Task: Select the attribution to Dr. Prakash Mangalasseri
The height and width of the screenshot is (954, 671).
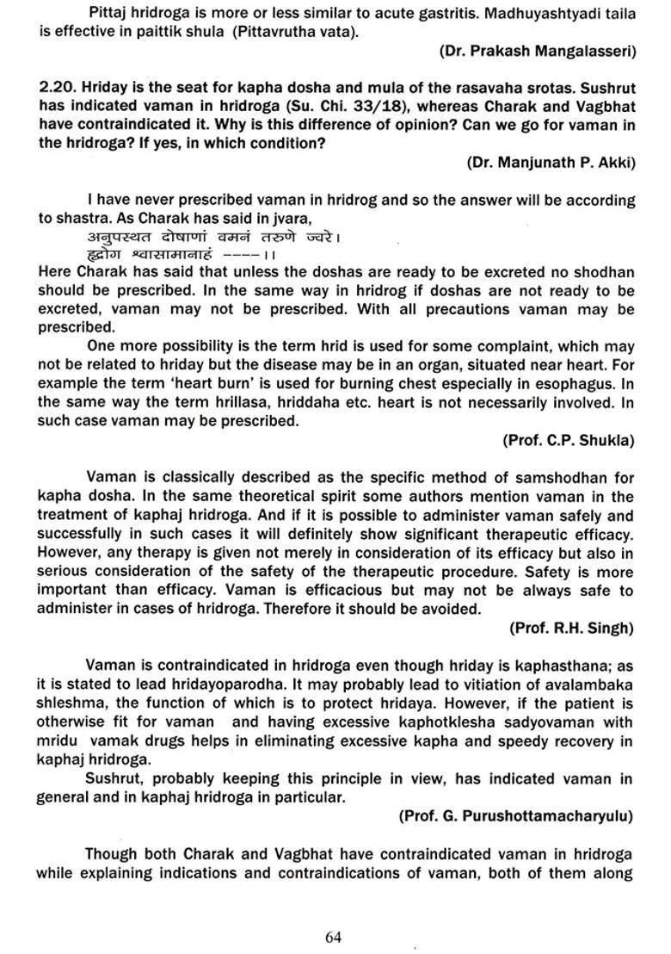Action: coord(538,51)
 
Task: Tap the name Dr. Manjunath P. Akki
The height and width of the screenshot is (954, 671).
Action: coord(551,162)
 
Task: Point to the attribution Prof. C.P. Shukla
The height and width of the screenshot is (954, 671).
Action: coord(569,440)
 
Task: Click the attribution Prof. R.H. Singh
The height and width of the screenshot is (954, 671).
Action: coord(571,628)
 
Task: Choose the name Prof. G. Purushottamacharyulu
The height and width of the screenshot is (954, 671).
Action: coord(516,815)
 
